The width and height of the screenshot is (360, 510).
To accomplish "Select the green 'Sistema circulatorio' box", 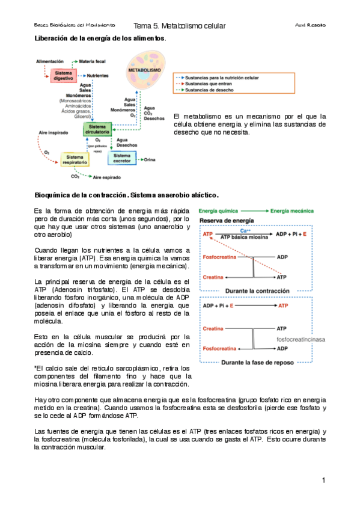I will [x=97, y=130].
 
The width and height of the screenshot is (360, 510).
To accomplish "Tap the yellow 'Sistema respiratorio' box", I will [x=75, y=159].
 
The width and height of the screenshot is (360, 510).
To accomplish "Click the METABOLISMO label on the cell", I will [x=144, y=70].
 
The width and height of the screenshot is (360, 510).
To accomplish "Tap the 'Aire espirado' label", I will [x=109, y=177].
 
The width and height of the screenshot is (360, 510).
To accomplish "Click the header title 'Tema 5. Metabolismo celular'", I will [x=180, y=26].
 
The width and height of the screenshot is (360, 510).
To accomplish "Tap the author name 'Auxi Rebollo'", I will [x=311, y=26].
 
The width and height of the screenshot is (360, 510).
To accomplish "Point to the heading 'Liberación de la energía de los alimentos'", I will [x=100, y=38].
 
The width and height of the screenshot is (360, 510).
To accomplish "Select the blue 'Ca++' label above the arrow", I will [x=245, y=230].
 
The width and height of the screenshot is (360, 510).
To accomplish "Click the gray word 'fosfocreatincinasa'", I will [x=301, y=339].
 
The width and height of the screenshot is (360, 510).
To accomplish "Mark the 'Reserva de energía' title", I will [x=225, y=221].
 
